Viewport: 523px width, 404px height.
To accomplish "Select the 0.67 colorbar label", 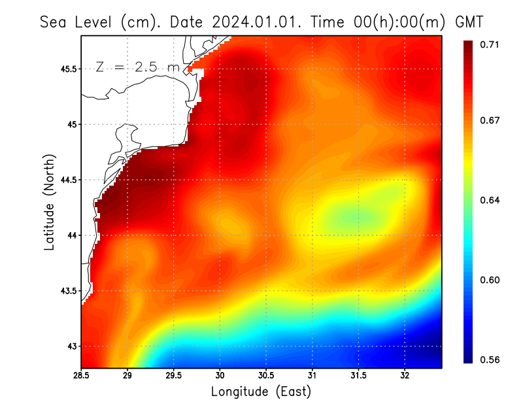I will coord(490,120).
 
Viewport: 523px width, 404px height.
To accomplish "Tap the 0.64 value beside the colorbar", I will coord(490,200).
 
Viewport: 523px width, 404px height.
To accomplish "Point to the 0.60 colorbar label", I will coord(490,280).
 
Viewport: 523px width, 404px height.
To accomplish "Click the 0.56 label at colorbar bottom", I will coord(490,360).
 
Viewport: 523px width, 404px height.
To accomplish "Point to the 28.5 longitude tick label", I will coord(81,376).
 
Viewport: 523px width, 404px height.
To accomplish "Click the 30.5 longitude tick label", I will coord(265,376).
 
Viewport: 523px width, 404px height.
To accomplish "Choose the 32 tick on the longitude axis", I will coord(405,376).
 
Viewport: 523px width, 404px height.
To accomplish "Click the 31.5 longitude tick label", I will coord(358,376).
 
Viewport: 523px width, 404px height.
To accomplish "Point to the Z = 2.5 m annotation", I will coord(137,67).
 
